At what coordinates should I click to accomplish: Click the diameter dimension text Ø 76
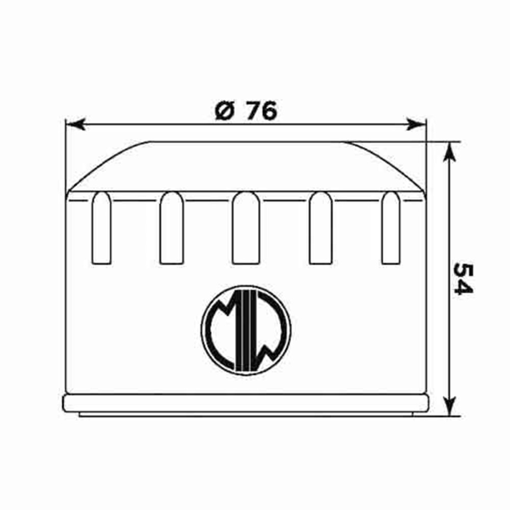point(246,111)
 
